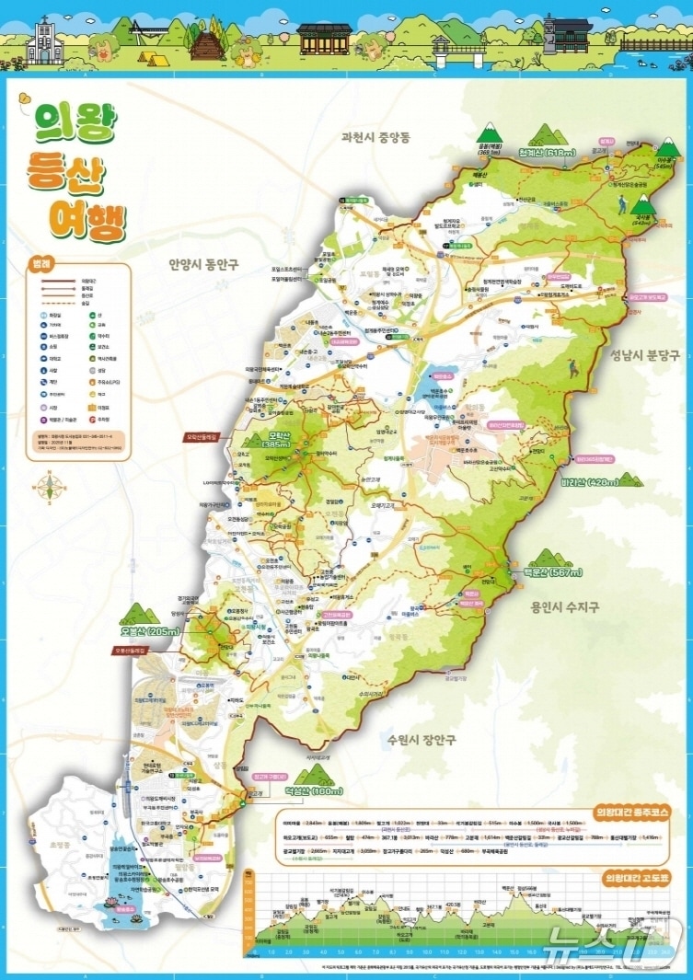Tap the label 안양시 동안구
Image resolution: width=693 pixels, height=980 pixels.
pyautogui.click(x=203, y=264)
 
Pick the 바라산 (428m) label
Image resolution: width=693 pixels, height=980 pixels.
pyautogui.click(x=589, y=481)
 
